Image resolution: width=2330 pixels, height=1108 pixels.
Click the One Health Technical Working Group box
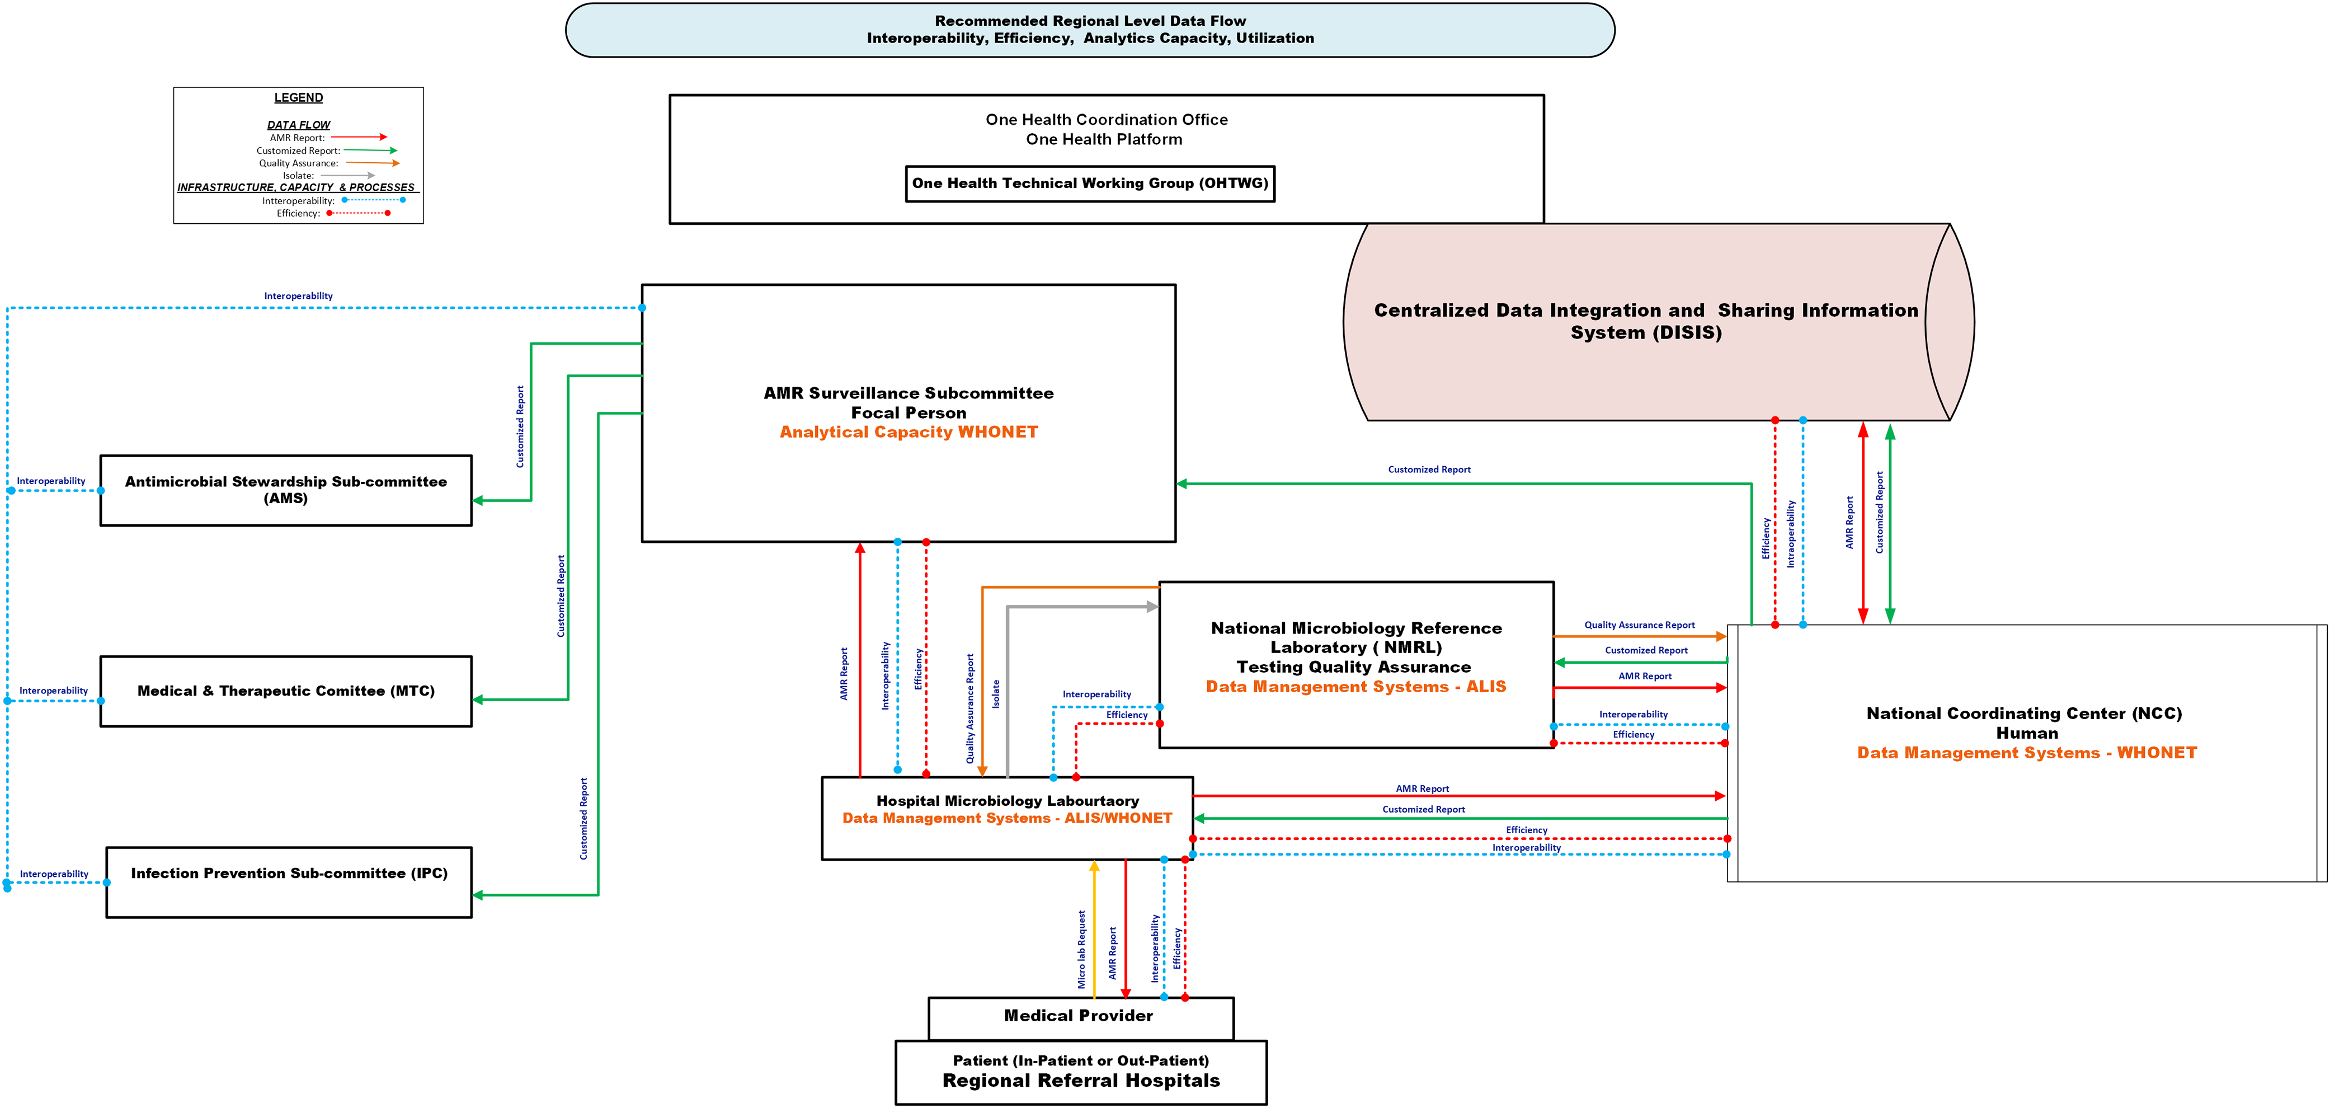tap(1090, 184)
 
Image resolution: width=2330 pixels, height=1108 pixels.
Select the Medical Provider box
tap(1081, 1018)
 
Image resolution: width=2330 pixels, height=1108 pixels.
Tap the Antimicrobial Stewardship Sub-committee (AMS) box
tap(286, 490)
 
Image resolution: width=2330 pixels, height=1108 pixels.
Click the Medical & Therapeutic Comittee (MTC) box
tap(286, 691)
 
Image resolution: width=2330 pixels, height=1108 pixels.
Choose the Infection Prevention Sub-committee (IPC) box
tap(289, 882)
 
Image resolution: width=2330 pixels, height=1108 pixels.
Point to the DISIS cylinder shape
tap(1659, 322)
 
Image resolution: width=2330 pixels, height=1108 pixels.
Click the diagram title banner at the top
tap(1090, 30)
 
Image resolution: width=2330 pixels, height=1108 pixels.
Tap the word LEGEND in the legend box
tap(299, 98)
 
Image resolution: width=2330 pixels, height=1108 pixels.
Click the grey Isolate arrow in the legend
tap(347, 176)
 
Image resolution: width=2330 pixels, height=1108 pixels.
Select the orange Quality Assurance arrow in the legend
tap(372, 163)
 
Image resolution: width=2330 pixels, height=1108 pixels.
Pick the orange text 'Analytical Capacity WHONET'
tap(909, 433)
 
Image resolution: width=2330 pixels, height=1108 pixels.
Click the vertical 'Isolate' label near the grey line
tap(996, 694)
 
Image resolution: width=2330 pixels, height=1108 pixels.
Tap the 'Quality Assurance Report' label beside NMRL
tap(1639, 625)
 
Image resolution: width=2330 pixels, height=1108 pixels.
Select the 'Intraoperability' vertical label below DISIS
tap(1790, 534)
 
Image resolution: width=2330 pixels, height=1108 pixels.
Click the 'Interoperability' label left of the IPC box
tap(54, 874)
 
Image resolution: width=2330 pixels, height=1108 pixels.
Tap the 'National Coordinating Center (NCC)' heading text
tap(2025, 713)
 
